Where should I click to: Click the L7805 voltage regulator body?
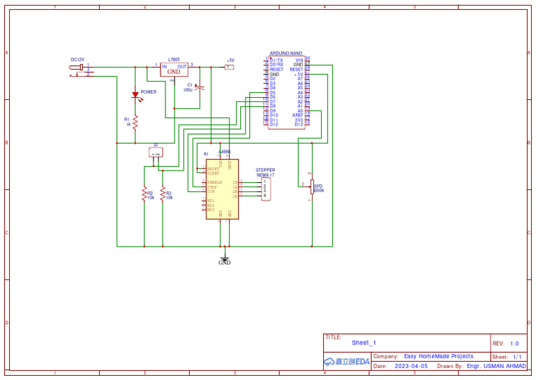pos(174,70)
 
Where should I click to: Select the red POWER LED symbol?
pos(135,95)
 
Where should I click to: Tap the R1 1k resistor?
pos(135,122)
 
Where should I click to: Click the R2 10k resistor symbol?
pos(144,193)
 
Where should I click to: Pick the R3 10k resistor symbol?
pos(163,193)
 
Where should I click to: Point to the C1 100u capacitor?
pos(200,88)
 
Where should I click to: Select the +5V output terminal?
pos(229,67)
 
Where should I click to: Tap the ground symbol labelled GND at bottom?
pos(224,261)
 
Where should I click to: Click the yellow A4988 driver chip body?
pos(222,189)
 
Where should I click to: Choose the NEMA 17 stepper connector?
pos(265,189)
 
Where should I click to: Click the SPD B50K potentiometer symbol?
pos(311,186)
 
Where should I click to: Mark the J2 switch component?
pos(156,153)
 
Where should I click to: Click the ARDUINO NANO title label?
pos(285,54)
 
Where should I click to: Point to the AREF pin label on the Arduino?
pos(297,115)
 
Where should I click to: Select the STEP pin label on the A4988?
pos(212,187)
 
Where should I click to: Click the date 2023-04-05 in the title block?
pos(410,366)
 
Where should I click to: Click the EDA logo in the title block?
pos(347,361)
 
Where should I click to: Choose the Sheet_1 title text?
pos(364,343)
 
